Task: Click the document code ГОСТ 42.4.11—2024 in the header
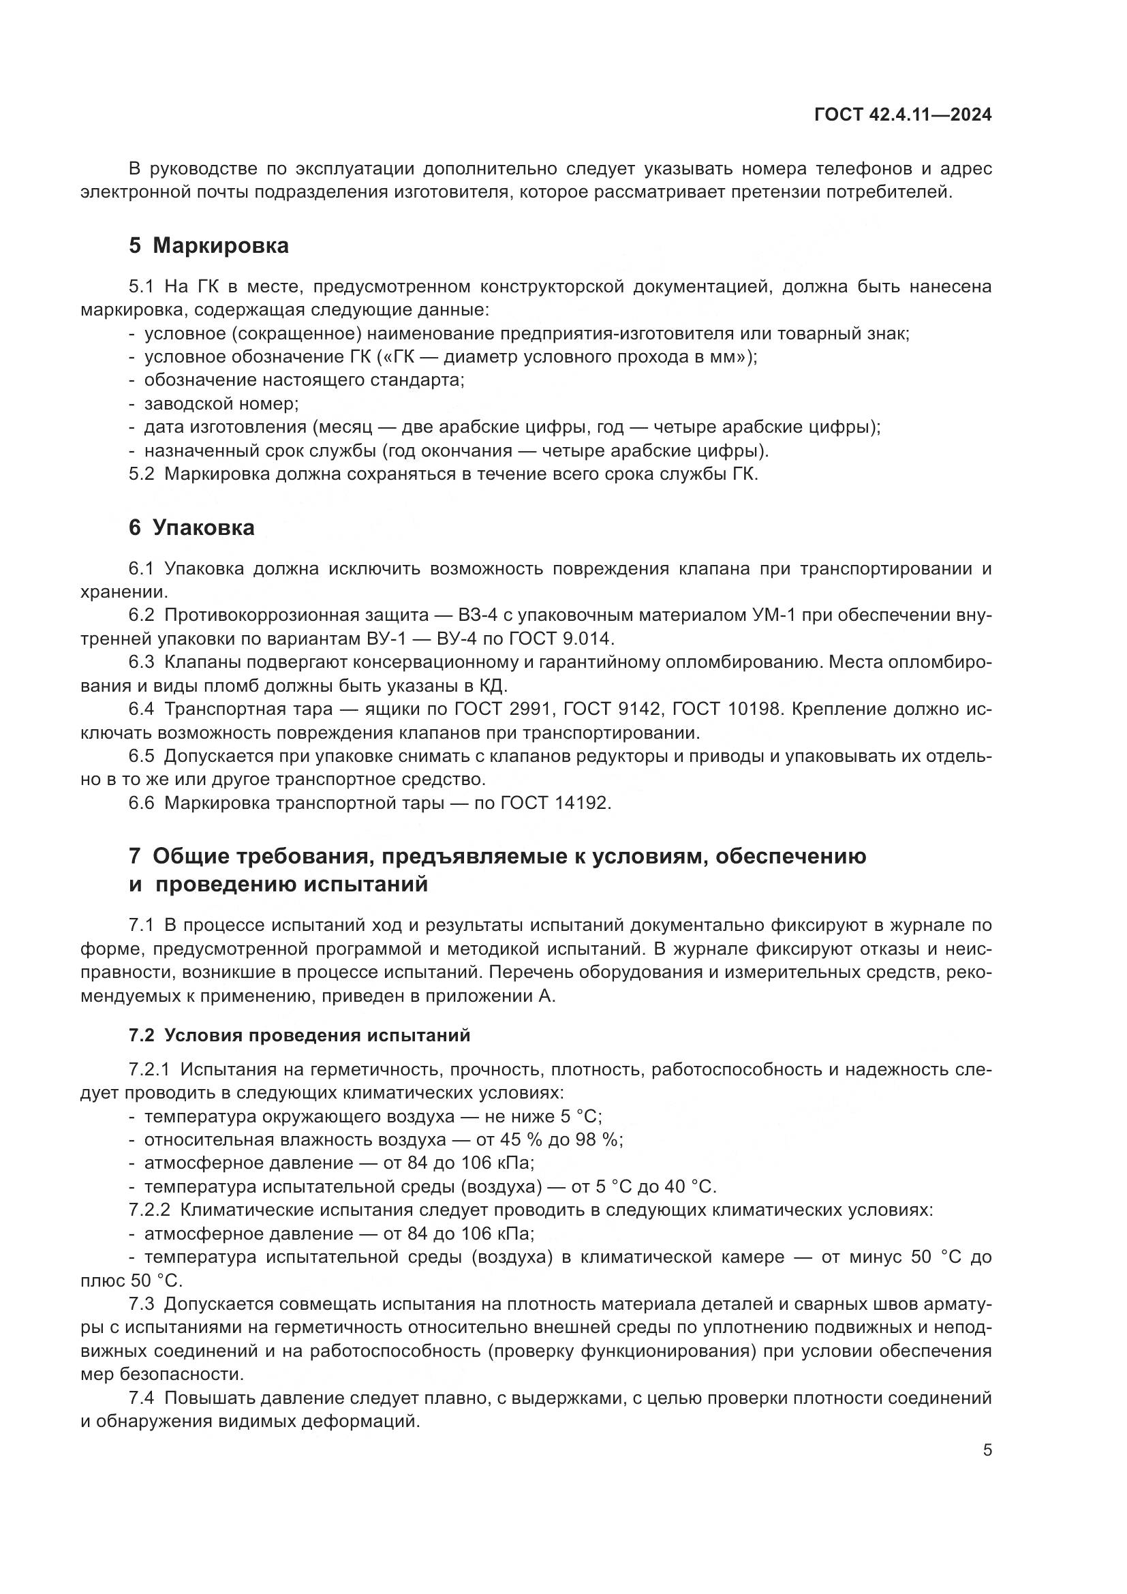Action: tap(902, 115)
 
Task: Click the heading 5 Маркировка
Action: tap(209, 246)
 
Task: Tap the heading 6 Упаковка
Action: tap(191, 527)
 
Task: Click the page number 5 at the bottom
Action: tap(987, 1450)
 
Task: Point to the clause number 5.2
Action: tap(141, 474)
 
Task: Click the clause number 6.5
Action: tap(141, 756)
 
